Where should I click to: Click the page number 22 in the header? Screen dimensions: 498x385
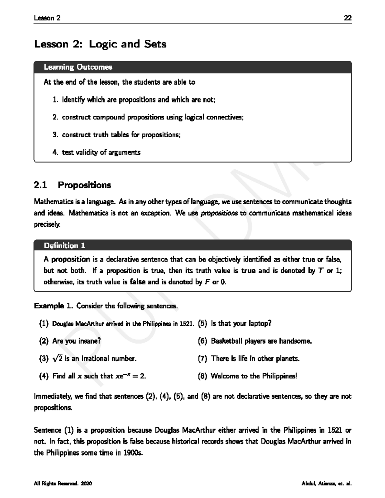point(347,18)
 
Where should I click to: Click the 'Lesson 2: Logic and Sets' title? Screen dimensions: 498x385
point(100,44)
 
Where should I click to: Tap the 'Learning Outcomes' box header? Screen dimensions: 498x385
point(78,67)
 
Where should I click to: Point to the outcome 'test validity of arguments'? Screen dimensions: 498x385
point(101,152)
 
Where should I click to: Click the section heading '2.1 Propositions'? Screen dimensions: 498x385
point(73,185)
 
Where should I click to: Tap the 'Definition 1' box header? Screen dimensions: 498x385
point(64,246)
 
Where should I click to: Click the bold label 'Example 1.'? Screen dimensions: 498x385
point(54,306)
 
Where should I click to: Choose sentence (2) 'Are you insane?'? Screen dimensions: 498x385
point(76,341)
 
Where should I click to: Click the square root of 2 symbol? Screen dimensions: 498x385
point(58,359)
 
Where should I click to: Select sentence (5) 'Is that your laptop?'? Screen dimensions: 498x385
point(241,323)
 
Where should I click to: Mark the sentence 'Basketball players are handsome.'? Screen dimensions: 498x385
point(261,341)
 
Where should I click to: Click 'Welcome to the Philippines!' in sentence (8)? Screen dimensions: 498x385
point(254,376)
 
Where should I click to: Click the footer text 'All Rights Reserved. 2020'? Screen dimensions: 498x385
point(63,484)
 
